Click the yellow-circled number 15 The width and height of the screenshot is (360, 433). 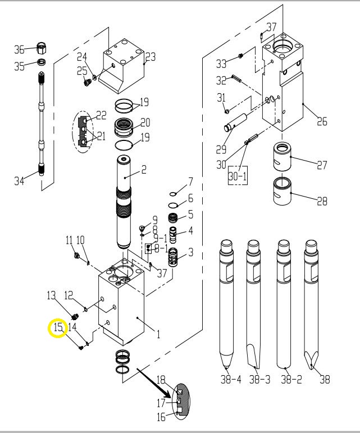tap(58, 327)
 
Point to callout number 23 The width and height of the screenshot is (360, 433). tap(150, 57)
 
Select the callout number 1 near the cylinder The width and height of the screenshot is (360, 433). tap(158, 334)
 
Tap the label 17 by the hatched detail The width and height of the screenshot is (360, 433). tap(161, 403)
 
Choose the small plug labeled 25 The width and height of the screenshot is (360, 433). tap(86, 83)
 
